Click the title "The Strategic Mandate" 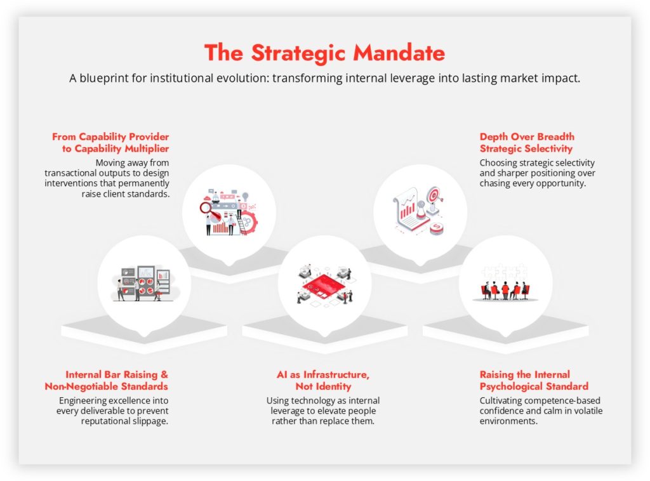tap(324, 53)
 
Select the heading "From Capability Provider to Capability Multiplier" tap(110, 143)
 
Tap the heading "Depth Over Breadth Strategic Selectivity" tap(527, 143)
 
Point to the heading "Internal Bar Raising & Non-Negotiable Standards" tap(107, 380)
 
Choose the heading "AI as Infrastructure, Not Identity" tap(323, 380)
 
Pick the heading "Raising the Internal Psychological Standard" tap(534, 380)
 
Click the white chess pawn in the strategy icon tap(421, 210)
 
